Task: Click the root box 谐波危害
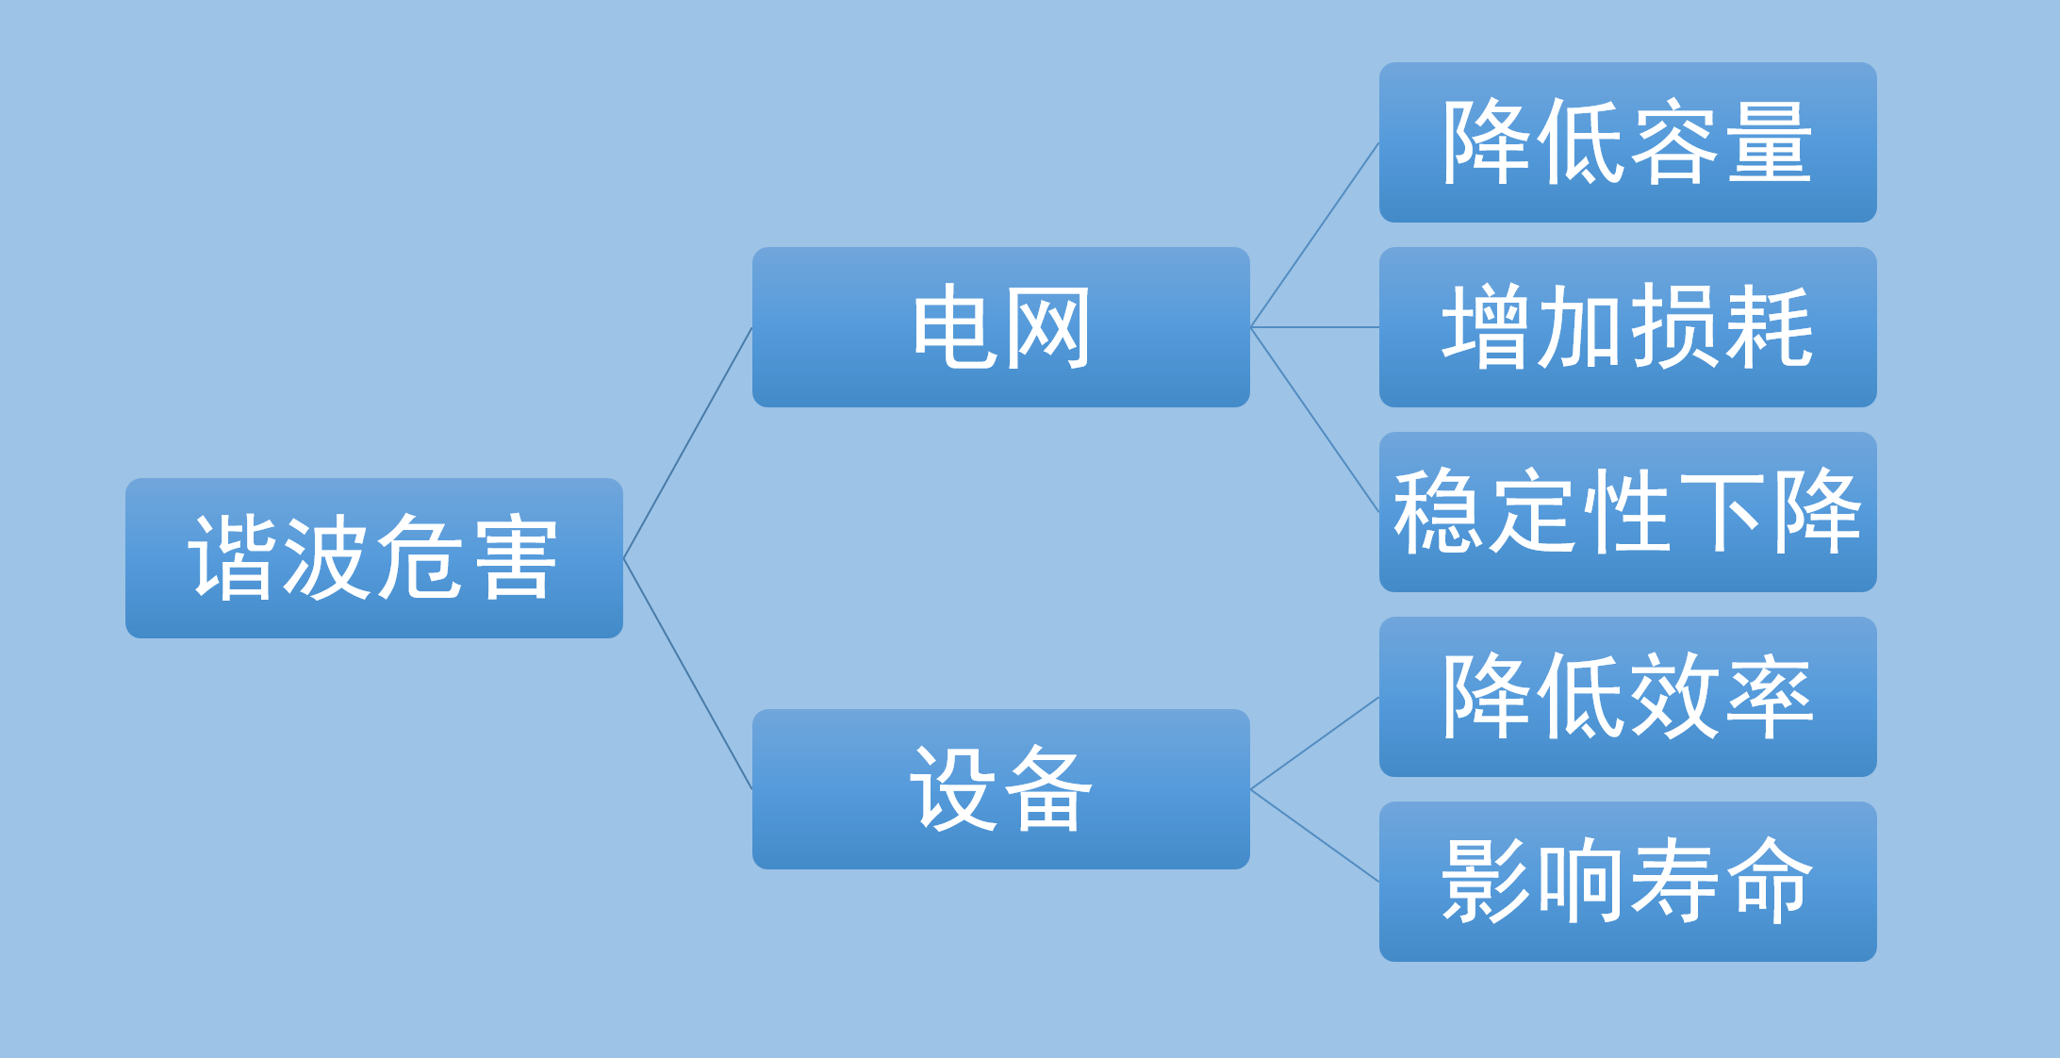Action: [x=374, y=558]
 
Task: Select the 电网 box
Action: [x=1001, y=327]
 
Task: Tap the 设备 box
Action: [x=1001, y=789]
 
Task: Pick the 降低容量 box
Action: [x=1628, y=142]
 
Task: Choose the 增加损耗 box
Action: [x=1628, y=327]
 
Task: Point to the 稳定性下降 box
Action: [x=1628, y=512]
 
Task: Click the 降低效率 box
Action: [x=1628, y=697]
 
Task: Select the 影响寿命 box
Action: [x=1628, y=882]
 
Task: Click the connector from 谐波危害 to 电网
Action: [x=687, y=443]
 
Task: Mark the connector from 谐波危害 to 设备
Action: [x=687, y=674]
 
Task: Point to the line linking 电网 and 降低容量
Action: [x=1314, y=235]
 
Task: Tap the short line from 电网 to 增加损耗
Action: [x=1314, y=327]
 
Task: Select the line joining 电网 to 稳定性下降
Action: [x=1314, y=420]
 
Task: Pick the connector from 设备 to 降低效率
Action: [x=1314, y=743]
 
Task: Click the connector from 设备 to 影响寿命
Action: [x=1314, y=835]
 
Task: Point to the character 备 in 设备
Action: [x=1047, y=789]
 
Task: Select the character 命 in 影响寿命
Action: [x=1770, y=881]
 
